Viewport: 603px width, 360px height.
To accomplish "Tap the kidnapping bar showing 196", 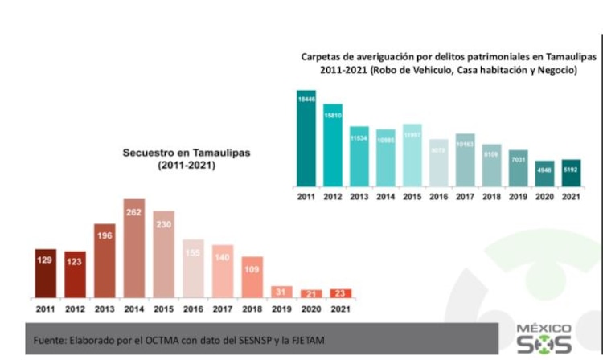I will (x=105, y=260).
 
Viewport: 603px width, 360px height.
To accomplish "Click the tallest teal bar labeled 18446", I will (x=306, y=137).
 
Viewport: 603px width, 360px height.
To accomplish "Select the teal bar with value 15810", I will (x=333, y=145).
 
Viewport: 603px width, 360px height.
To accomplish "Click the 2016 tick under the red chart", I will (x=193, y=308).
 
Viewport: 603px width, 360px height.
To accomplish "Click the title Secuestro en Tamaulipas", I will (x=172, y=152).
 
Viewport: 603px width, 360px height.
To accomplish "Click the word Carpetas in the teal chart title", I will (x=319, y=58).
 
